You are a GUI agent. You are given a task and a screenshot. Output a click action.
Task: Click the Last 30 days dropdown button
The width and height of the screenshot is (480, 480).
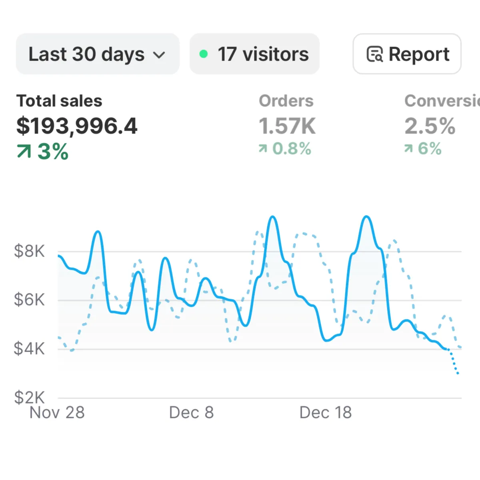coord(97,54)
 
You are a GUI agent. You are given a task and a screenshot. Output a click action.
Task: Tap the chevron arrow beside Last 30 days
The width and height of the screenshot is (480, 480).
coord(159,55)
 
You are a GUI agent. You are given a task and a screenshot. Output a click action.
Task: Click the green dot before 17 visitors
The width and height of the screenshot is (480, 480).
coord(204,54)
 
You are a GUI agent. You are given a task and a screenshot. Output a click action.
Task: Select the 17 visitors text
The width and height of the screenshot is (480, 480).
coord(263,54)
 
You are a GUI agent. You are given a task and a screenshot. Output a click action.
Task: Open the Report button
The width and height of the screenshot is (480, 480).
coord(407,54)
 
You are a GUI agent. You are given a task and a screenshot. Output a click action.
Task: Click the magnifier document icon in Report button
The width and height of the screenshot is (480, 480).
coord(375,54)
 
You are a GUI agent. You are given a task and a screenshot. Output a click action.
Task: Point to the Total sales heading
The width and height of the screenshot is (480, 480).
coord(59,101)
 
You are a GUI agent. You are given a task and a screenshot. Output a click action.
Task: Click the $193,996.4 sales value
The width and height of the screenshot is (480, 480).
coord(77,126)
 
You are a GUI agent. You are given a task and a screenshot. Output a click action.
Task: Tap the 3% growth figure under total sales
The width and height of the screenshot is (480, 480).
coord(53,152)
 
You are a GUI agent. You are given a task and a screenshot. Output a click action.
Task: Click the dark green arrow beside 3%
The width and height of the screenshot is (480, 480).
coord(24,152)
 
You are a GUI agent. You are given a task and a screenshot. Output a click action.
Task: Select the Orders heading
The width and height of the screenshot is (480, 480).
coord(286,101)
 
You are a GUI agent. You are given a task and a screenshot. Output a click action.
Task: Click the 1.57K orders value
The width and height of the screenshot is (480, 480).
coord(287,126)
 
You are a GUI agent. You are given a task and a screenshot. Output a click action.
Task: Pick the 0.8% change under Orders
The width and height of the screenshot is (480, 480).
coord(292,149)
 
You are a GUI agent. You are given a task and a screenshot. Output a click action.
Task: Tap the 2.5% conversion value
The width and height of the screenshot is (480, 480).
coord(430,126)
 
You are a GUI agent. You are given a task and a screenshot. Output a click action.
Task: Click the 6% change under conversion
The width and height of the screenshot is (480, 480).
coord(430,149)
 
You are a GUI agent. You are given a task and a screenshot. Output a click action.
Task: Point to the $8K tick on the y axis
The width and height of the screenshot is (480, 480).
coord(29,251)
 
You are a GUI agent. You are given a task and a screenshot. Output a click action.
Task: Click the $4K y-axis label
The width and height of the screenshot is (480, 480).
coord(29,349)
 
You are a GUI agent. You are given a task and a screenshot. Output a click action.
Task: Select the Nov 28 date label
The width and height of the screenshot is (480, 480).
coord(57,412)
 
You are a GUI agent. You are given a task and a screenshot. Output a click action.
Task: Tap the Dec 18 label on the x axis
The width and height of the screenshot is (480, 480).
coord(326,412)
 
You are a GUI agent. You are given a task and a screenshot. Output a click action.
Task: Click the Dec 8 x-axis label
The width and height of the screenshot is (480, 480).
coord(192,412)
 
